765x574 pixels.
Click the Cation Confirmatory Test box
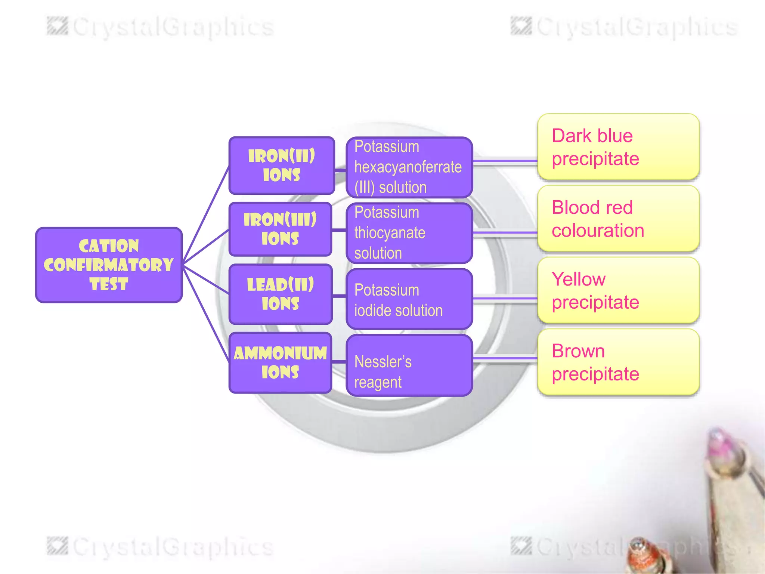[x=109, y=265]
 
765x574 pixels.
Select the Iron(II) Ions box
[x=282, y=166]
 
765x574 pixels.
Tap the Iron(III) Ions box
[x=281, y=229]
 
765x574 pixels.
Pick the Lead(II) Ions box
[x=281, y=294]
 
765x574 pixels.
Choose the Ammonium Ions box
[x=281, y=362]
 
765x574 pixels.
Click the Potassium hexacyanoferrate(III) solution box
[x=409, y=167]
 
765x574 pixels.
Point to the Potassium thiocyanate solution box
[x=409, y=233]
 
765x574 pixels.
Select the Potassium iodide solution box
[x=409, y=299]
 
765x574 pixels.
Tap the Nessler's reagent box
[x=409, y=365]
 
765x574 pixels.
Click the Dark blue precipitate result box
[x=618, y=147]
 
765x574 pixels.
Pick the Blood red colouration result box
[x=618, y=219]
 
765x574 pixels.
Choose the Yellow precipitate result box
[x=618, y=290]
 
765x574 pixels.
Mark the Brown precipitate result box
[x=618, y=362]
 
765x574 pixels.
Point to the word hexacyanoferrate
[x=408, y=167]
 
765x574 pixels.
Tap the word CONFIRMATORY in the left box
[x=109, y=265]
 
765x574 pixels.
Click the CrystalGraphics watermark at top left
[x=161, y=27]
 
